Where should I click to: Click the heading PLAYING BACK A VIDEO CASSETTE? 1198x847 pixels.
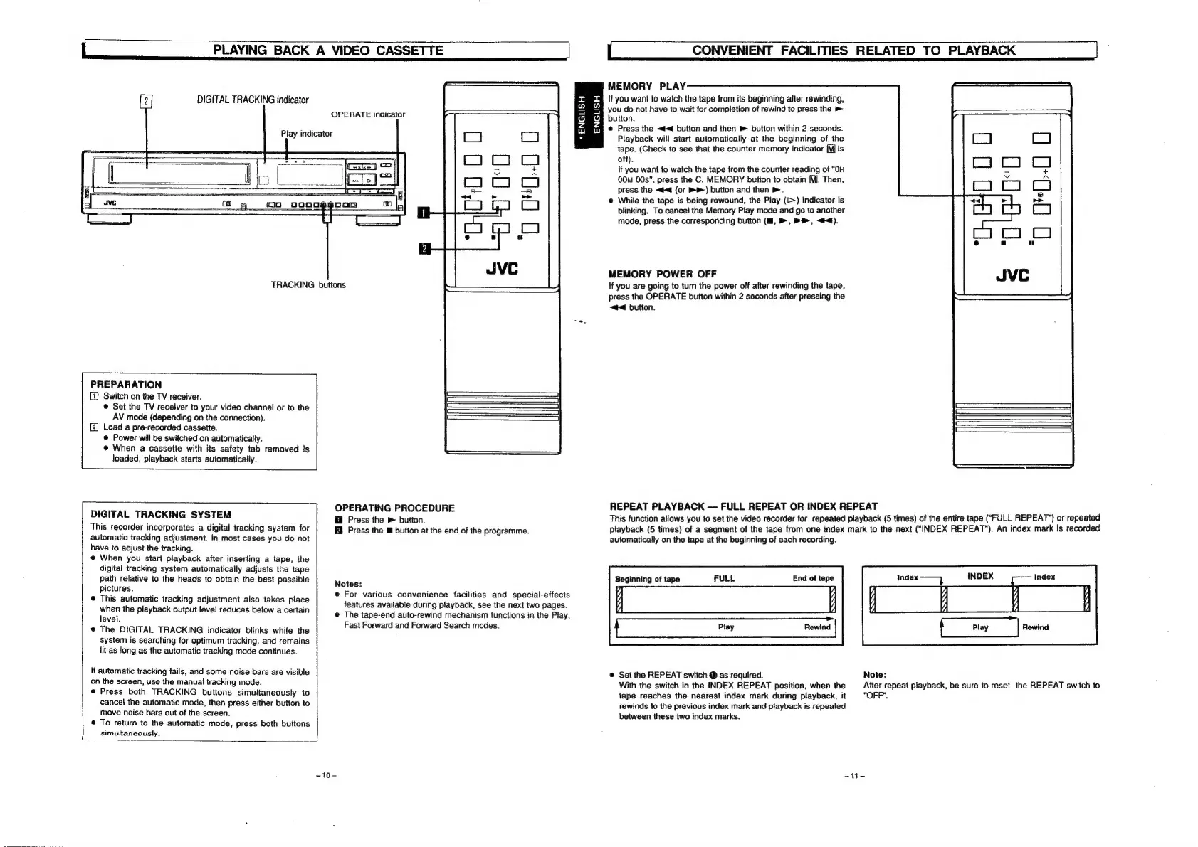click(328, 50)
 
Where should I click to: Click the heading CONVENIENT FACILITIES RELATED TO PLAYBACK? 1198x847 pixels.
click(853, 50)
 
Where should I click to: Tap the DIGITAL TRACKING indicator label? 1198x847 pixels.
click(252, 100)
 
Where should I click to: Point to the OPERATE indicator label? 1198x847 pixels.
click(367, 114)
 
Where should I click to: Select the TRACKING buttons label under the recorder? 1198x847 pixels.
click(308, 284)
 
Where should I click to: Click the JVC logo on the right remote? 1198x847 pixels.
click(1012, 275)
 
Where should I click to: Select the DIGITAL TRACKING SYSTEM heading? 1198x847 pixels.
click(161, 514)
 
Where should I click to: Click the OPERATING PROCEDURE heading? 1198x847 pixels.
click(394, 508)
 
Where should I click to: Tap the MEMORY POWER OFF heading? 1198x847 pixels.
click(663, 274)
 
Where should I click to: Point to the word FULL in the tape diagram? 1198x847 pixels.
click(724, 578)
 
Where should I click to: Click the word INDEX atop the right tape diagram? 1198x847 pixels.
click(980, 576)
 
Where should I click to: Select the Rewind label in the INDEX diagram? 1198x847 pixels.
click(1035, 627)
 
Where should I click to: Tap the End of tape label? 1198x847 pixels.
click(813, 578)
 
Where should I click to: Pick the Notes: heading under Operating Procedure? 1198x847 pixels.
click(349, 583)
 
